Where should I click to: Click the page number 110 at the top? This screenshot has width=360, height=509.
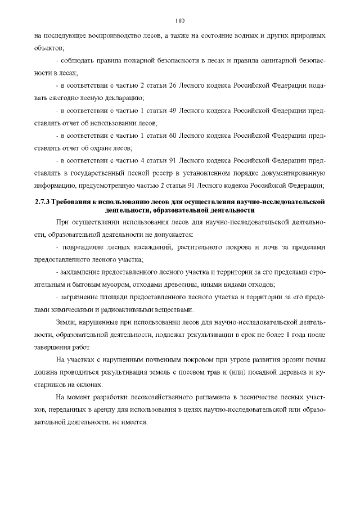pos(180,21)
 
